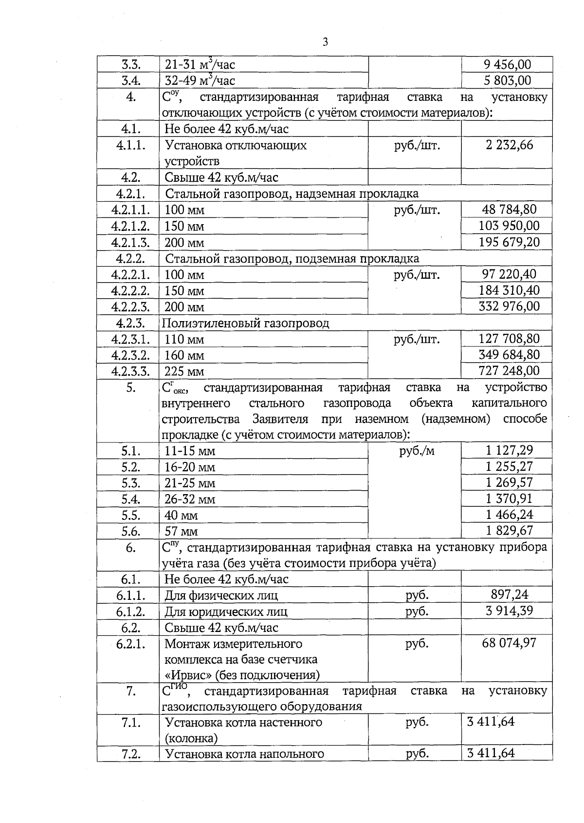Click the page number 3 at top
(x=325, y=42)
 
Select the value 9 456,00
(x=507, y=65)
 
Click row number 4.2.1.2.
(x=130, y=226)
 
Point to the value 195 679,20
(x=509, y=242)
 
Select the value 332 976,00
(x=509, y=306)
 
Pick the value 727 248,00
(x=509, y=371)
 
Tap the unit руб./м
(x=417, y=451)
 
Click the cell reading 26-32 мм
(x=190, y=499)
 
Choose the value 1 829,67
(x=509, y=531)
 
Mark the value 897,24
(x=509, y=594)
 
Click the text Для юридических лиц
(x=226, y=612)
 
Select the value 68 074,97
(x=509, y=643)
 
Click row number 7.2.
(x=130, y=754)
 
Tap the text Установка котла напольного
(x=244, y=754)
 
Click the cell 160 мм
(x=184, y=355)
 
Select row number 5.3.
(x=130, y=483)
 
